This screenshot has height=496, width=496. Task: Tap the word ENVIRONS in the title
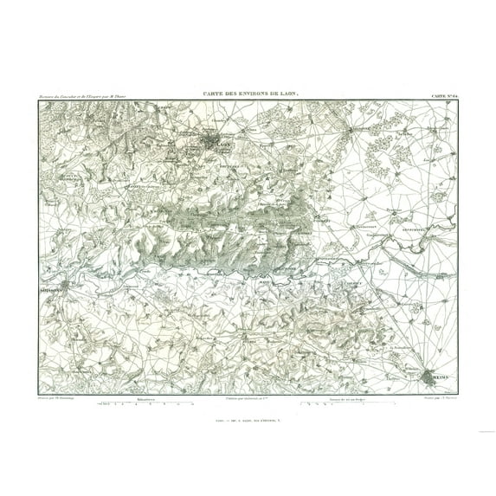(x=255, y=95)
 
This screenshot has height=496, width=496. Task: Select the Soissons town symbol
(x=62, y=289)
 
